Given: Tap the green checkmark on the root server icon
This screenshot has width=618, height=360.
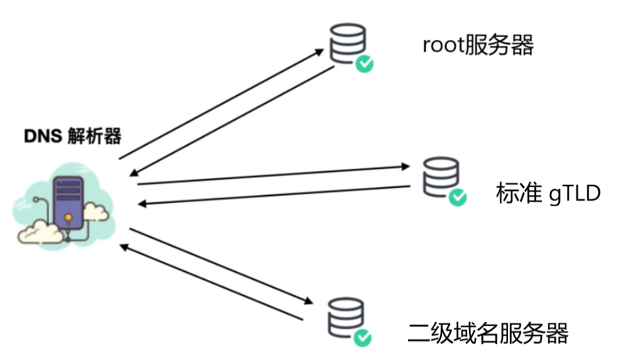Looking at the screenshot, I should (x=364, y=63).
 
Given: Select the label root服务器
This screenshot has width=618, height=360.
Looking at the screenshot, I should (x=478, y=45).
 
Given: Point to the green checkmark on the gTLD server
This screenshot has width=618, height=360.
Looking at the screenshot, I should (x=458, y=197).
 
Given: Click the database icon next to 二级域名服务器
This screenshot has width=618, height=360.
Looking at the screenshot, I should (x=346, y=315).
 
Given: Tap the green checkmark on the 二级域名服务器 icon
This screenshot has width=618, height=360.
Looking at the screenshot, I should (x=362, y=337).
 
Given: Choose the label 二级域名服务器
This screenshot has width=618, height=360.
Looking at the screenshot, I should (x=488, y=332).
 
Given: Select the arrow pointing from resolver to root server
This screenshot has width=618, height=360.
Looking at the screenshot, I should (x=220, y=105).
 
